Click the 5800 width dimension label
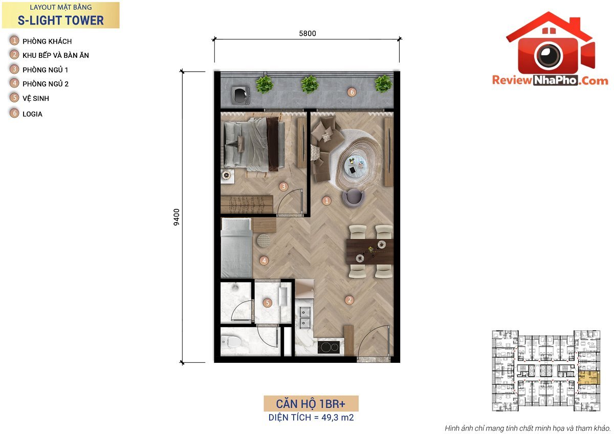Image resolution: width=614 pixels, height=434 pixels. coord(308,33)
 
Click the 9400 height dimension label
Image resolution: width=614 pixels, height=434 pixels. coord(177,217)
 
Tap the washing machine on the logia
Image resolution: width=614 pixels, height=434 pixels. coord(240,95)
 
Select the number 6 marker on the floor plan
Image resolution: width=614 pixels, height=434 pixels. coord(352,92)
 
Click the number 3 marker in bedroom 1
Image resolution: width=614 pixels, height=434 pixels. coord(283,187)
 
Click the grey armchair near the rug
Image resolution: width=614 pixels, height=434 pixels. coord(354,198)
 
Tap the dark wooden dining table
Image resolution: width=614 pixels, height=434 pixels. coord(370,252)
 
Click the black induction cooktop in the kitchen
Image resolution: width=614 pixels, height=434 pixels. coord(328,348)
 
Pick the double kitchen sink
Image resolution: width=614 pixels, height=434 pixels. coord(305,317)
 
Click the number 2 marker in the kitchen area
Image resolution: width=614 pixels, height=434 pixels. coord(349,300)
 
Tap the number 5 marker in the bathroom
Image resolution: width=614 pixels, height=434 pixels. coord(267,303)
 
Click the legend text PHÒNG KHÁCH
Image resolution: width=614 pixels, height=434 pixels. coord(47,41)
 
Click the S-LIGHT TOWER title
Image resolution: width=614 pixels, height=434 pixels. coord(60,20)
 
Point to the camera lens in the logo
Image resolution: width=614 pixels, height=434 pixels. coord(549,55)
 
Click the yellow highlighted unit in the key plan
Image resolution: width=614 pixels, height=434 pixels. coord(588,378)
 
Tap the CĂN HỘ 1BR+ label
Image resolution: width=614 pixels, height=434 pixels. coord(311,404)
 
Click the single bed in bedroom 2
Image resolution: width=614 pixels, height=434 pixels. coord(236,248)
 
